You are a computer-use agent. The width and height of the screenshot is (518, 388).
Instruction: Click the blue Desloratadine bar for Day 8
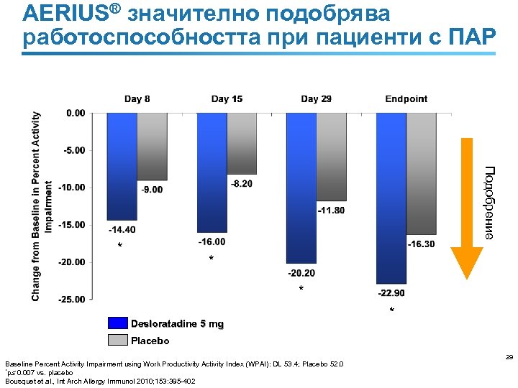click(x=122, y=166)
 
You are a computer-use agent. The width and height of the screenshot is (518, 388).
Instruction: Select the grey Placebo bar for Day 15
click(x=242, y=143)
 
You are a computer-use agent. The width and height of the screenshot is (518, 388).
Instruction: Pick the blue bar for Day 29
click(x=301, y=188)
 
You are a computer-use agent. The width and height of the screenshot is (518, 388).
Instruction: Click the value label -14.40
click(x=122, y=230)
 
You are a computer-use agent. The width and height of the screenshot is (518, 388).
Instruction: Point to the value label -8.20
click(x=241, y=184)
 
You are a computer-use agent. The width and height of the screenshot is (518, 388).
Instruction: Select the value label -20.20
click(x=301, y=273)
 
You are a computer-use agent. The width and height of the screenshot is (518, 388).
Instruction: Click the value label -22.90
click(x=391, y=293)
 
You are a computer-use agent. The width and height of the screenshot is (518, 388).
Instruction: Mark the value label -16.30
click(x=421, y=244)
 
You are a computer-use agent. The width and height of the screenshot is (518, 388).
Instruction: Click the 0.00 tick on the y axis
click(x=75, y=113)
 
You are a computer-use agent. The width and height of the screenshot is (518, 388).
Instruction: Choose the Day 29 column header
click(x=316, y=99)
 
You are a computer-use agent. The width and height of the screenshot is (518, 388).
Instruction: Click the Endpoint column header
click(x=406, y=99)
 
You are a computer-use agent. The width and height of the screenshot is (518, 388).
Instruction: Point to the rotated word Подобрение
click(x=489, y=202)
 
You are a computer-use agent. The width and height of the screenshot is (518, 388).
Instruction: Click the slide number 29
click(x=508, y=356)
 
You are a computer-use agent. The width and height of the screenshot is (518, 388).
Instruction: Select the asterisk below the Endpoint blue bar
click(x=391, y=310)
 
